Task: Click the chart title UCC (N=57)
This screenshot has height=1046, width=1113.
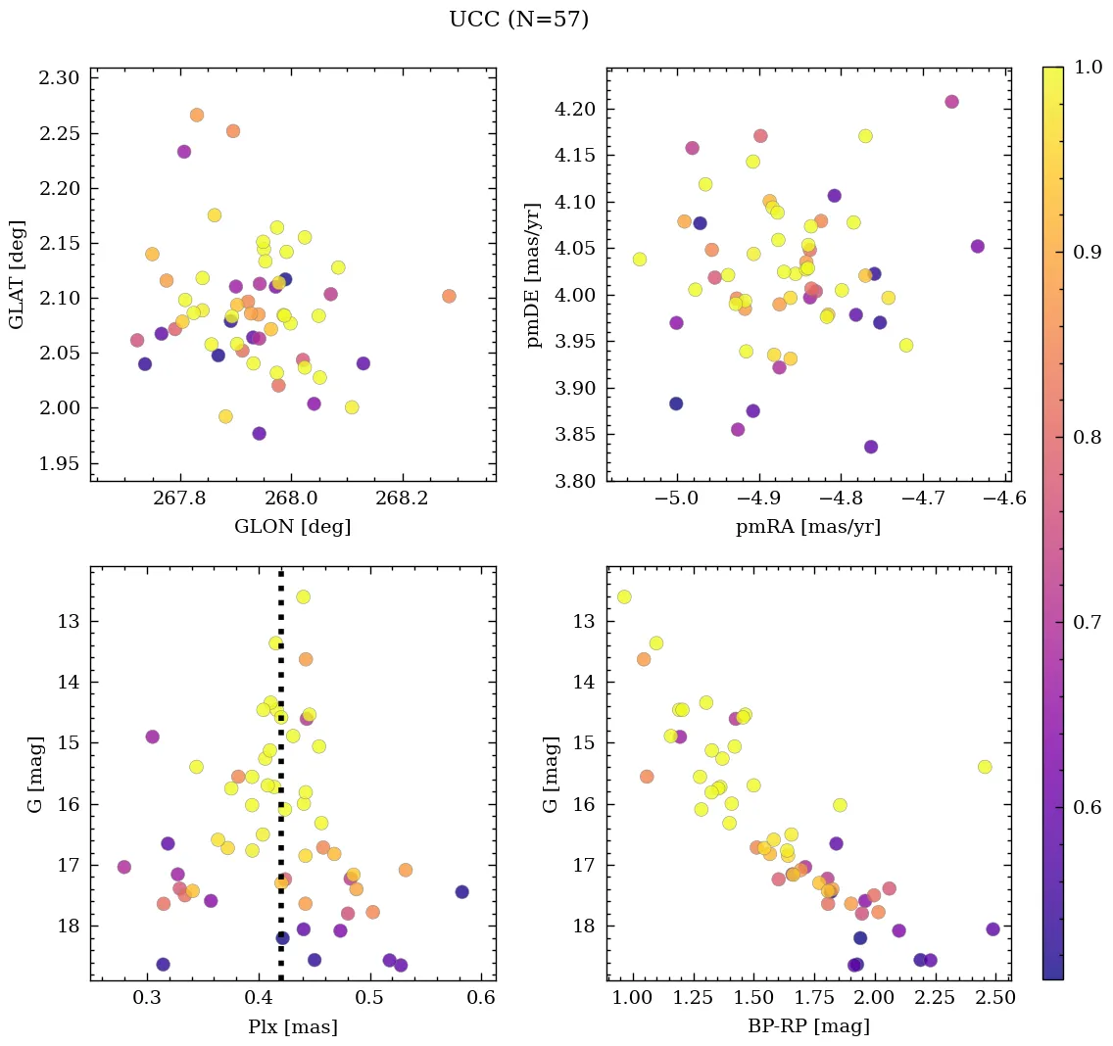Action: (518, 20)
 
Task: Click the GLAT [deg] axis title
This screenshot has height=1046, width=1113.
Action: (17, 274)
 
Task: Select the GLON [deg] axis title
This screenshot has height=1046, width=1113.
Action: (292, 527)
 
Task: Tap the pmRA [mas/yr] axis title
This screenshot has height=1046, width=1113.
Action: (808, 527)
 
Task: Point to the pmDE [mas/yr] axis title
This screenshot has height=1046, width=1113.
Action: (534, 274)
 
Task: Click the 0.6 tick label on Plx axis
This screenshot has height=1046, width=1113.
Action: (481, 1000)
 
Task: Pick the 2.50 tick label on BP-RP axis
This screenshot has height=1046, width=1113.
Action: (995, 1000)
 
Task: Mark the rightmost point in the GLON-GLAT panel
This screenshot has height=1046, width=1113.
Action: (449, 296)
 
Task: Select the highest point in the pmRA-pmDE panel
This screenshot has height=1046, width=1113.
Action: (951, 102)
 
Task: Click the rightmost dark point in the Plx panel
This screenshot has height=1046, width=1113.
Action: (462, 891)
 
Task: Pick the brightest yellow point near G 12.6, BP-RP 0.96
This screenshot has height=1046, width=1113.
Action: (624, 596)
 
